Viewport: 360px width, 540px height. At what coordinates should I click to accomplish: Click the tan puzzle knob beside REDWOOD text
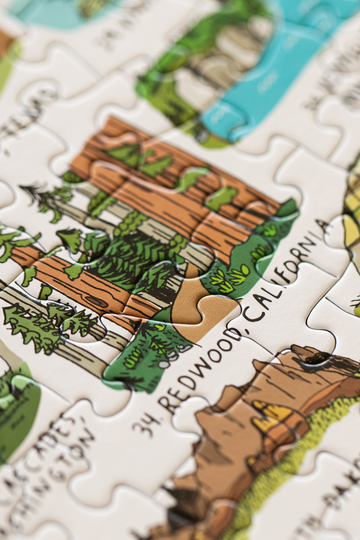pos(214,309)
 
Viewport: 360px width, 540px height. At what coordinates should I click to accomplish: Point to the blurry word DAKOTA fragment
pos(337,499)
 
